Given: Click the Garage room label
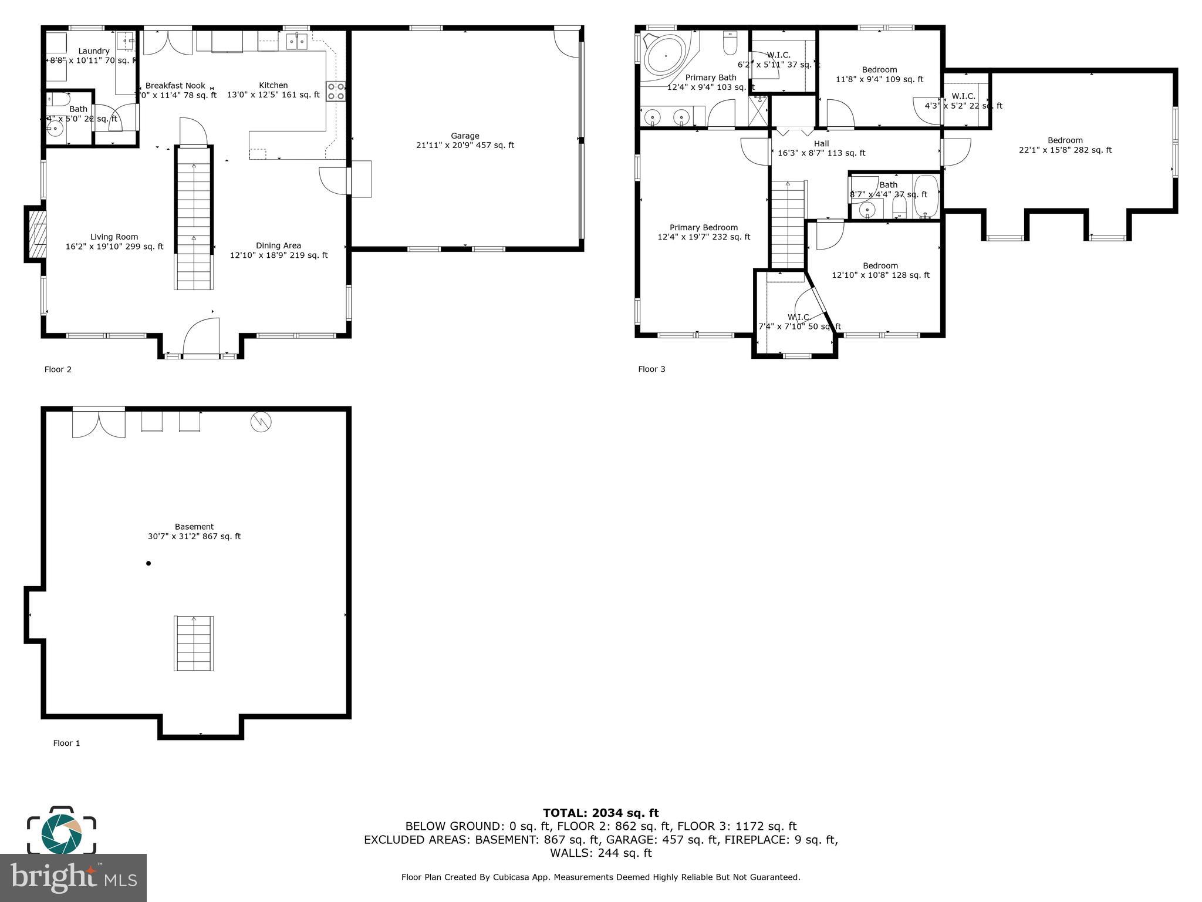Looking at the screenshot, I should tap(465, 136).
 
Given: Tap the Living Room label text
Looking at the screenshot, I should tap(114, 237).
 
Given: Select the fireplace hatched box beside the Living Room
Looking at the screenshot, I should tap(36, 234).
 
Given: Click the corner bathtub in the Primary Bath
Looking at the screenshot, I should tap(666, 57).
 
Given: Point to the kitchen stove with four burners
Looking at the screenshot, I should tap(336, 92).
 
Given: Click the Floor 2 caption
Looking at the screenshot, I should tap(58, 369).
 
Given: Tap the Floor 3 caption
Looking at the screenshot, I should tap(651, 369).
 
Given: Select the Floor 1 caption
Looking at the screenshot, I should tap(66, 743).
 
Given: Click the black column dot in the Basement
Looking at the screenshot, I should tap(148, 563).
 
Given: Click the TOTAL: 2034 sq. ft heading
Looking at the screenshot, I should tap(600, 813).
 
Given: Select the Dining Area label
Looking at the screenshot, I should tap(278, 245).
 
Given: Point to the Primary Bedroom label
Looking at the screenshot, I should tap(704, 228).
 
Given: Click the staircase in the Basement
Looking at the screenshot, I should tap(194, 643).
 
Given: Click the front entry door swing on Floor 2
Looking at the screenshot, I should tap(201, 338).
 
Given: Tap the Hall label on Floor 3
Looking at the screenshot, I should tap(821, 143).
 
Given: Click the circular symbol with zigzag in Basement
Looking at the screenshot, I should tap(261, 422).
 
